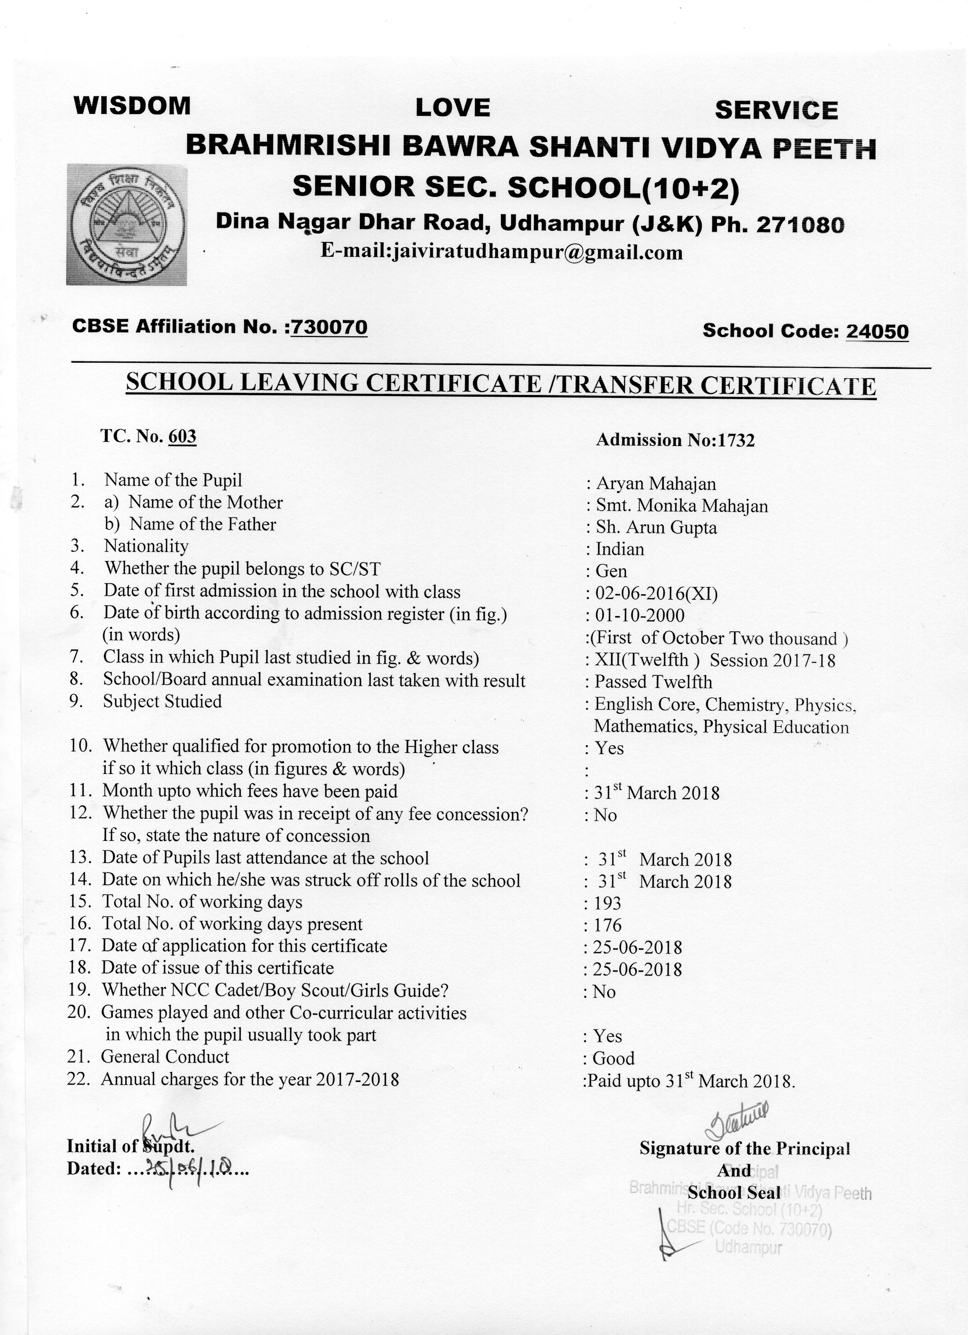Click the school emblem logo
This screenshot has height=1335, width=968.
[x=126, y=224]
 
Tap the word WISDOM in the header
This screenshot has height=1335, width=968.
[x=132, y=106]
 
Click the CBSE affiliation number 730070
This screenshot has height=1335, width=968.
[x=329, y=327]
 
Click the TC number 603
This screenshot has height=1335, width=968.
[x=182, y=436]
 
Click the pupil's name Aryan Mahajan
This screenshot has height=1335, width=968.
[x=656, y=484]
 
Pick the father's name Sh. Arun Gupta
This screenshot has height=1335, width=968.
[x=657, y=527]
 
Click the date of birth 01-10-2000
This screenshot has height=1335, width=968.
[x=640, y=616]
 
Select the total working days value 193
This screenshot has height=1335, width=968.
[x=608, y=903]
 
